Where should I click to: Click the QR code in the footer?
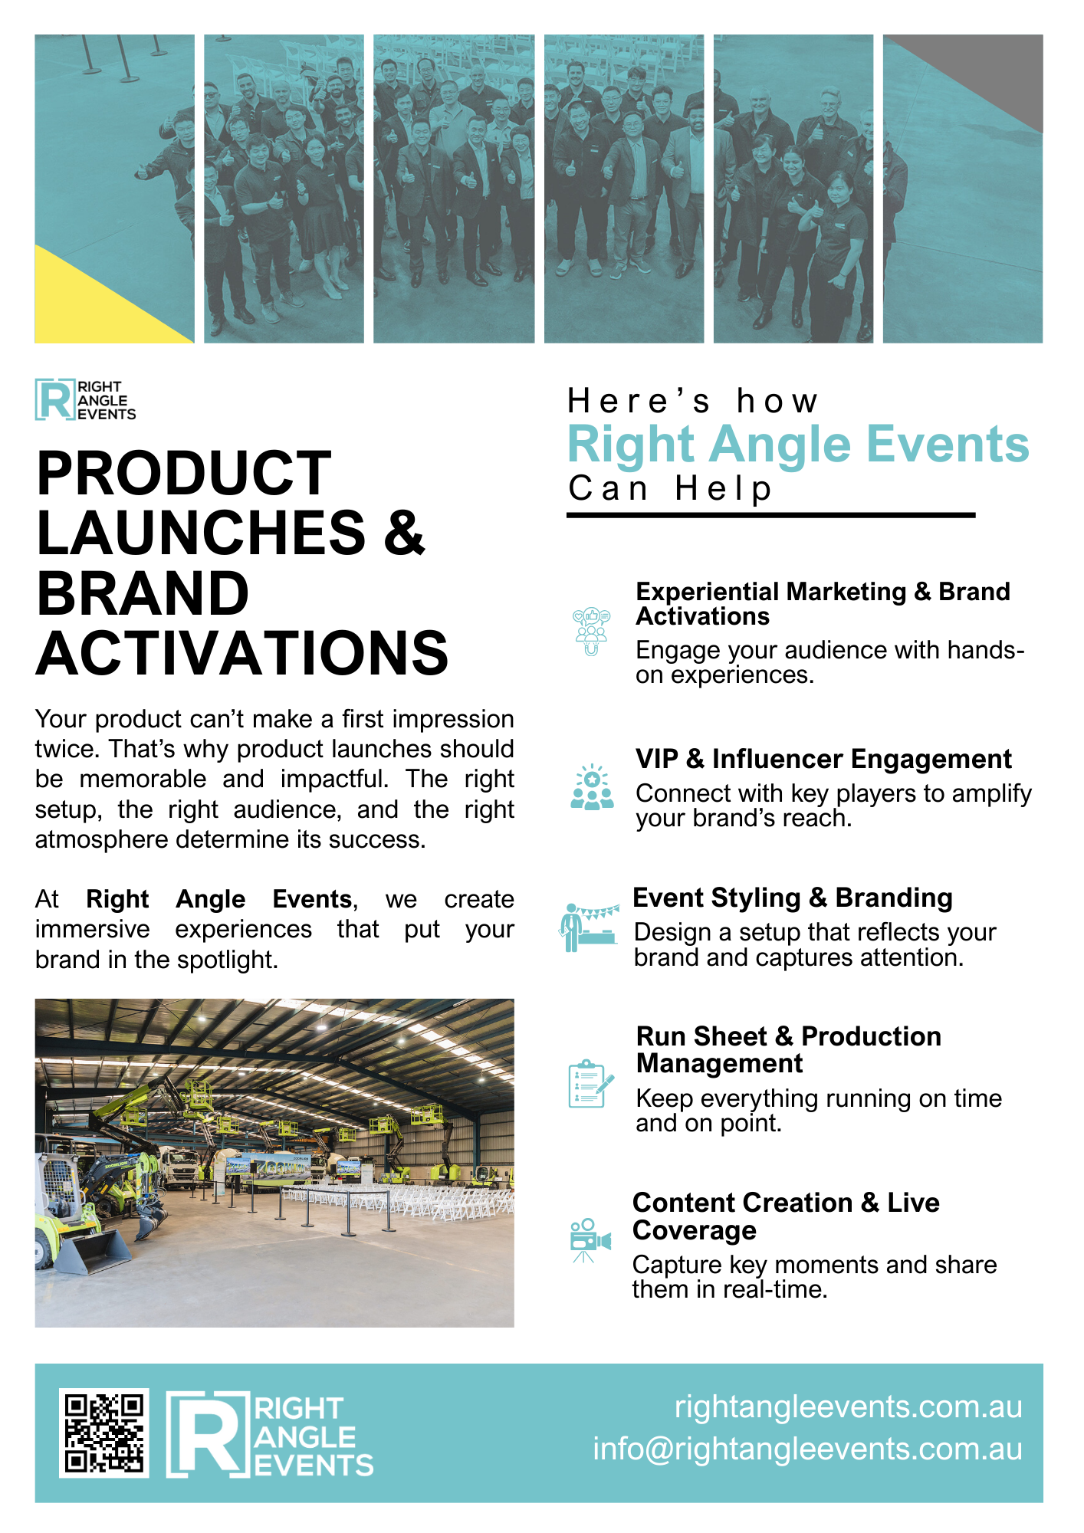(x=104, y=1433)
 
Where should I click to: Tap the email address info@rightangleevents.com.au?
(x=807, y=1449)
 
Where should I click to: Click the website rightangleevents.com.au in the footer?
(x=848, y=1407)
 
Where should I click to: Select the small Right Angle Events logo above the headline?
(x=85, y=399)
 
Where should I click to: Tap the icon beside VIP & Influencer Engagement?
(x=592, y=787)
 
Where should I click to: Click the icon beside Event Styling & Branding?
(x=589, y=927)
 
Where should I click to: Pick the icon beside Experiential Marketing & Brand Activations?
(x=591, y=632)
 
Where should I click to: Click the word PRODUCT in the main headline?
(x=184, y=473)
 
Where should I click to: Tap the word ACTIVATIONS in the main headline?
(x=242, y=653)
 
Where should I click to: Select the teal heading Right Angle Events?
(x=798, y=445)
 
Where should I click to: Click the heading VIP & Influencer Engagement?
(x=823, y=759)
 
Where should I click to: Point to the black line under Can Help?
(x=770, y=515)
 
